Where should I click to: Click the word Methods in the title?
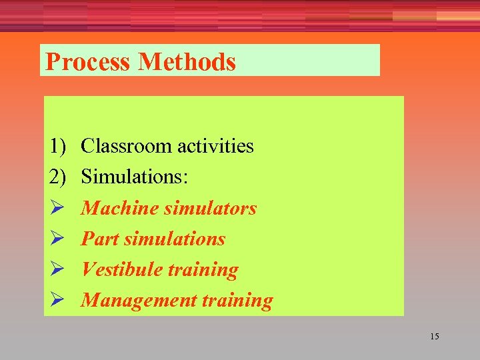(x=187, y=62)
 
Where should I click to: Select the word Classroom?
(x=123, y=146)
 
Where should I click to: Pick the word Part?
(x=100, y=239)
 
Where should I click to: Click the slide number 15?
(x=435, y=336)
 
